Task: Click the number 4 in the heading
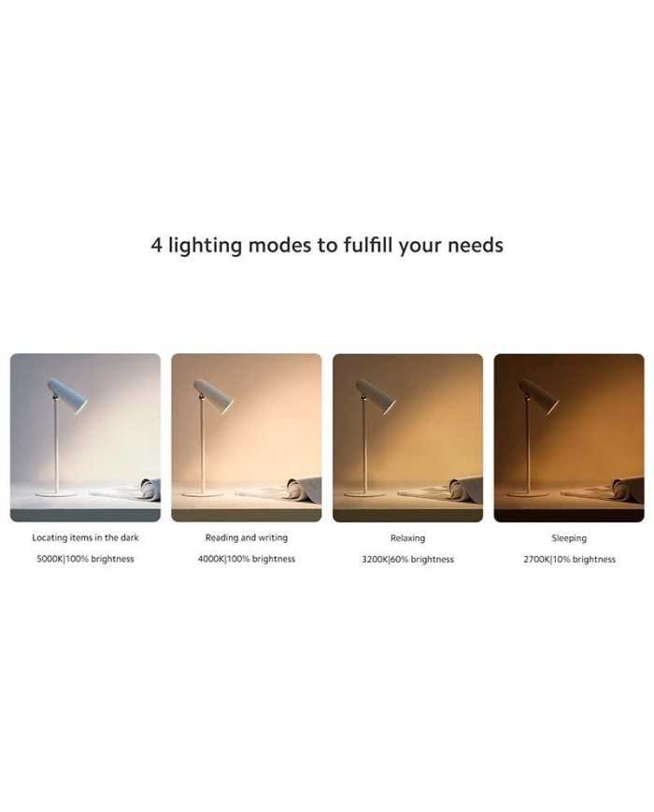(x=156, y=245)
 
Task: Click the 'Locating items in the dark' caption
(x=85, y=537)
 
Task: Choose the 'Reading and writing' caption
(x=247, y=537)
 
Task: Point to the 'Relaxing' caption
(x=408, y=538)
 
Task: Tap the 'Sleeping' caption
(x=569, y=538)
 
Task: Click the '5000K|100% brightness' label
(x=85, y=559)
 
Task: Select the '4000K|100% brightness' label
(x=247, y=559)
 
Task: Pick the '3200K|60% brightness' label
(x=408, y=560)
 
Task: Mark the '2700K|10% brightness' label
(x=570, y=560)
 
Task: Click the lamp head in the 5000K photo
(x=67, y=396)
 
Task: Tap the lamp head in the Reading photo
(x=213, y=396)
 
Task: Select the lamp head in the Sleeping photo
(x=539, y=396)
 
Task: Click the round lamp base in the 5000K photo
(x=56, y=494)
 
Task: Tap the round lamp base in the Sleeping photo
(x=528, y=494)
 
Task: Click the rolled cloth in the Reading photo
(x=304, y=490)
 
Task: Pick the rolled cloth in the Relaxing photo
(x=465, y=490)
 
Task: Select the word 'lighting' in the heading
(x=205, y=245)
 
